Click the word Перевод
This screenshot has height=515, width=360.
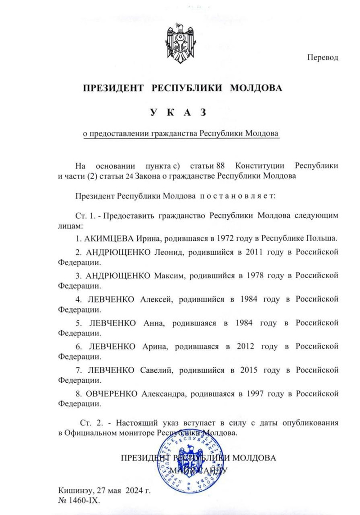pyautogui.click(x=323, y=58)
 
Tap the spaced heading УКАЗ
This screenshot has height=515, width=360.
pyautogui.click(x=180, y=112)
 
